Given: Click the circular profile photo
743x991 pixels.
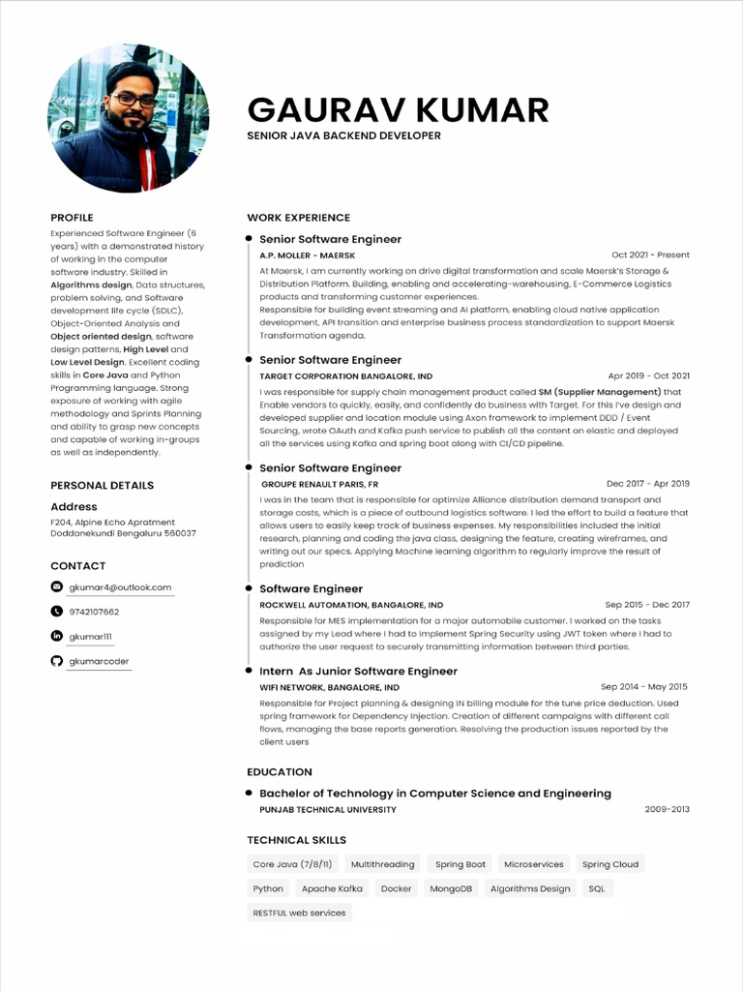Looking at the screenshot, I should coord(128,118).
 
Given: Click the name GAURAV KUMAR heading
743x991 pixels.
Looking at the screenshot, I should coord(398,110).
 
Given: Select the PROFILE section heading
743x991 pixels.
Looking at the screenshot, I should coord(72,218).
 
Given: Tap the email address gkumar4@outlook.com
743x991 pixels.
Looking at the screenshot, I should coord(120,587).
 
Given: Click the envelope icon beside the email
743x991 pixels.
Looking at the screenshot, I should coord(56,587).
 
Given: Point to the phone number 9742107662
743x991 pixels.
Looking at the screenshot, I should coord(94,612).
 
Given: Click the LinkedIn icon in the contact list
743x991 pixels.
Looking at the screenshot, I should coord(56,636).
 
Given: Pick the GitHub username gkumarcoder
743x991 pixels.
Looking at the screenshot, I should coord(99,661).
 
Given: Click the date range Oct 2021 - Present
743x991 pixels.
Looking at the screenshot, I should coord(650,255).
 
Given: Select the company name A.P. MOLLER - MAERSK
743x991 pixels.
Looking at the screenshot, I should coord(307,255).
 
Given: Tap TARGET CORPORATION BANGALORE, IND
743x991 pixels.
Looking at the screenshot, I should coord(345,375).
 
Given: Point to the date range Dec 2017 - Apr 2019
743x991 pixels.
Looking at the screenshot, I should coord(647,483).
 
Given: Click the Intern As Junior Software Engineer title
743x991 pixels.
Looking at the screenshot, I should coord(358,671).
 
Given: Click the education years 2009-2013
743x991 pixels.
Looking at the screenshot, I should coord(667,809).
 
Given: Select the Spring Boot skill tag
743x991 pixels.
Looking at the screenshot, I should coord(460,864).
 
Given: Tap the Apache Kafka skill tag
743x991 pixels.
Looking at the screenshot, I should coord(332,888).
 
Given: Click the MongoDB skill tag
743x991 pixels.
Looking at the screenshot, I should coord(451,888).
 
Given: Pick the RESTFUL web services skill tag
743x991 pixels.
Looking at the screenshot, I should coord(299,913).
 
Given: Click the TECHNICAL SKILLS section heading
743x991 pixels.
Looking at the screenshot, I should coord(296,840).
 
